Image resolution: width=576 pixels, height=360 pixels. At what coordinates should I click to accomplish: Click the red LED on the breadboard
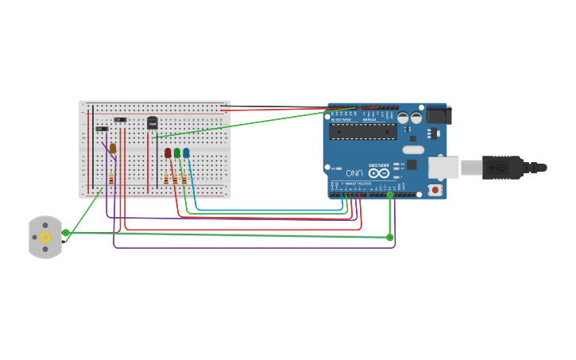pyautogui.click(x=168, y=153)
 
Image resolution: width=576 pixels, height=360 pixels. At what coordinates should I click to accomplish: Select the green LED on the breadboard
pyautogui.click(x=177, y=153)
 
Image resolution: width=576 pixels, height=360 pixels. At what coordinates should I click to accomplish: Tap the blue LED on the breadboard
pyautogui.click(x=186, y=153)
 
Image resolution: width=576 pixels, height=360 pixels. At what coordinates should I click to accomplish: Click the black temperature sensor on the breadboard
pyautogui.click(x=152, y=122)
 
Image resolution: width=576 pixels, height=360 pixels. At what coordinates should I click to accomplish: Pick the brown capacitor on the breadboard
pyautogui.click(x=113, y=148)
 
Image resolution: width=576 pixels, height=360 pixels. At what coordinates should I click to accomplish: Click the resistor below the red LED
pyautogui.click(x=166, y=180)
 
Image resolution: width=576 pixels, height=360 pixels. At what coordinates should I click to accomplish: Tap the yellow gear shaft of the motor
pyautogui.click(x=45, y=237)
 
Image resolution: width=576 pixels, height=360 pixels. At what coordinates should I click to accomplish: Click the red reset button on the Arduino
pyautogui.click(x=435, y=190)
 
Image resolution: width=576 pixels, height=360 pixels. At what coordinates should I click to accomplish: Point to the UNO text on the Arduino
pyautogui.click(x=354, y=172)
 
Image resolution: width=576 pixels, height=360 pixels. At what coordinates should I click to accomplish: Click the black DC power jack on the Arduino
pyautogui.click(x=439, y=116)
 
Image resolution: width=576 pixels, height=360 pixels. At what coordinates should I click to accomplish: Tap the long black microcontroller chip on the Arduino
pyautogui.click(x=363, y=130)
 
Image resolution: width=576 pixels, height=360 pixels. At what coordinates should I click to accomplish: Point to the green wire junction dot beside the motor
pyautogui.click(x=66, y=233)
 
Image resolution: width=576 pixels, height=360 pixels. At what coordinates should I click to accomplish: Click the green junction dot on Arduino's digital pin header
pyautogui.click(x=390, y=195)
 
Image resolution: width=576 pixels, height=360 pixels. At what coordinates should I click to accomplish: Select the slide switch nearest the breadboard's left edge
pyautogui.click(x=102, y=129)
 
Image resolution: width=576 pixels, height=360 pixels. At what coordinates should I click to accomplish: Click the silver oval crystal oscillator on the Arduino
pyautogui.click(x=413, y=149)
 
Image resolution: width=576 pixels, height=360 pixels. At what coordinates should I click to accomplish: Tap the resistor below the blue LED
pyautogui.click(x=184, y=180)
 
